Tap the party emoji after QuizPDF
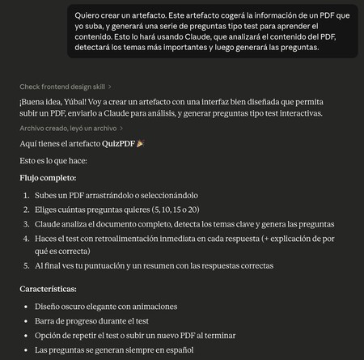(x=139, y=144)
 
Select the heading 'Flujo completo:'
(x=49, y=177)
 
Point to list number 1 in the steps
(x=27, y=195)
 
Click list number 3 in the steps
(x=27, y=224)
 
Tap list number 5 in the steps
(x=27, y=265)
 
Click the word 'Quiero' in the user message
(x=89, y=15)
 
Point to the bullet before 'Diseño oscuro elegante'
(x=27, y=307)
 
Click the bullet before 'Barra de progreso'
(x=27, y=321)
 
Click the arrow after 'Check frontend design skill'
(x=110, y=86)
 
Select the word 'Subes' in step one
(x=49, y=195)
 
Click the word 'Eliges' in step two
(x=49, y=210)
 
